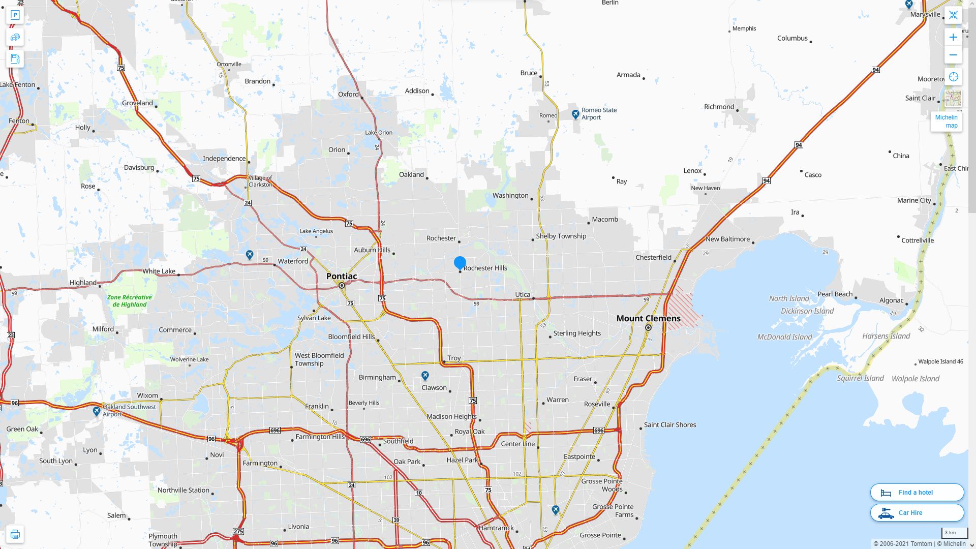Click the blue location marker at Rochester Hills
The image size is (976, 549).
click(x=460, y=263)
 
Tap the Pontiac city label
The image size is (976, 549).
click(x=341, y=276)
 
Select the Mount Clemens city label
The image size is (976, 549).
click(x=648, y=318)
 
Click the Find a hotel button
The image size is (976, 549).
click(x=917, y=492)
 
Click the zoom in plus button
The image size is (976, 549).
click(x=953, y=37)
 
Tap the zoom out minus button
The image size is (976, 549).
click(x=953, y=55)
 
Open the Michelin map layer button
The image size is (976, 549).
click(x=947, y=121)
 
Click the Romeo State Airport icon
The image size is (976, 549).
click(x=575, y=114)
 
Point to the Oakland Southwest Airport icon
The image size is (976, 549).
click(x=97, y=411)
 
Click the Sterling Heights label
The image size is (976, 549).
click(x=577, y=333)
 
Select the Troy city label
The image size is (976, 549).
click(x=454, y=358)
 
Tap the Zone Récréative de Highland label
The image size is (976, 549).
click(x=130, y=301)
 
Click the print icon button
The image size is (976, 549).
click(x=15, y=534)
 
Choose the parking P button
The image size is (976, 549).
click(x=15, y=15)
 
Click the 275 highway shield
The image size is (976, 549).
click(x=238, y=531)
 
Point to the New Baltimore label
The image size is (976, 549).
click(x=727, y=239)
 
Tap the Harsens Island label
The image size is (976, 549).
click(x=886, y=336)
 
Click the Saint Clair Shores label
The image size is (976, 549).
click(x=670, y=425)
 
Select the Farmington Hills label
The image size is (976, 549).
click(x=320, y=437)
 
